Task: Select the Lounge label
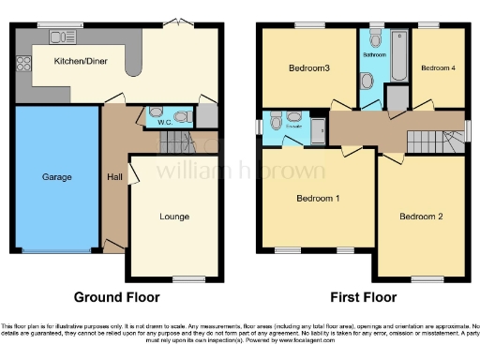[x=173, y=217]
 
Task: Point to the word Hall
[x=113, y=176]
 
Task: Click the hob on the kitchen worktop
[x=23, y=65]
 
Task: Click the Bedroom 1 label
[x=318, y=199]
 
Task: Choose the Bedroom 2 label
[x=420, y=217]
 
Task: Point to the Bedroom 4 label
[x=439, y=68]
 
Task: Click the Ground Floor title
[x=116, y=297]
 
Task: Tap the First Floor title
[x=360, y=297]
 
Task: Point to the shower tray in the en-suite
[x=318, y=129]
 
